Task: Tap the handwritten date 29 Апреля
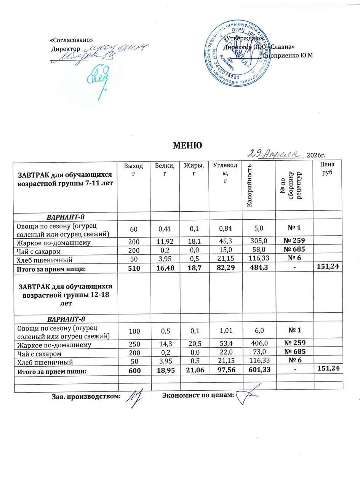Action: click(x=273, y=153)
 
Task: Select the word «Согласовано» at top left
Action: click(x=72, y=40)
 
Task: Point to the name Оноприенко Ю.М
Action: click(x=288, y=55)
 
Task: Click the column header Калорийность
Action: click(x=250, y=185)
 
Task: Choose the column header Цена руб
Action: click(x=327, y=168)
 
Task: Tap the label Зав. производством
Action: click(x=86, y=396)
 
